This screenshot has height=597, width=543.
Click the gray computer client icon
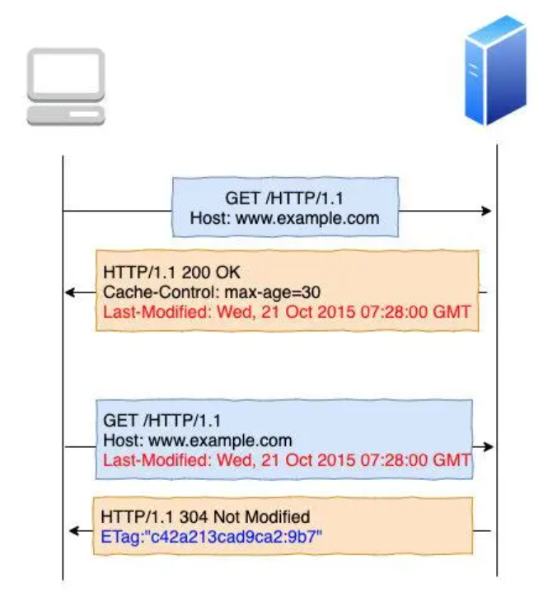[66, 86]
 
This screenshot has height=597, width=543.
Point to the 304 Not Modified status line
[205, 517]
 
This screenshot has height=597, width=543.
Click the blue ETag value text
[212, 536]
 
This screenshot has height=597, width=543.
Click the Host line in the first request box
[284, 218]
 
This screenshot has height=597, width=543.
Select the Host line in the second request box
[198, 440]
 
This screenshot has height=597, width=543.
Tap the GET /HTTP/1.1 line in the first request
[284, 199]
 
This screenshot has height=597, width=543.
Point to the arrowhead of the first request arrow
[487, 212]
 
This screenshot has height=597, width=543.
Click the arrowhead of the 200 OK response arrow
[71, 292]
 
